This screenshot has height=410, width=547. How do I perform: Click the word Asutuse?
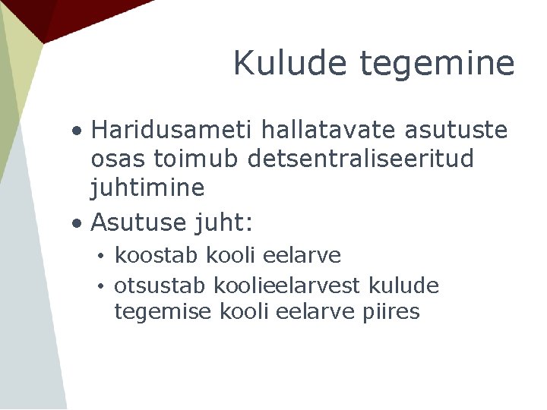(138, 222)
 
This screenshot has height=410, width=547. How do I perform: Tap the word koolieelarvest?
(287, 286)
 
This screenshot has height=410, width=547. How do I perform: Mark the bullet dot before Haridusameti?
(78, 131)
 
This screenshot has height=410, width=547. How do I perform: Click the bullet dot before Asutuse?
(78, 223)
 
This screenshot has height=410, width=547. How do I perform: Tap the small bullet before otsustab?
(100, 287)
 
